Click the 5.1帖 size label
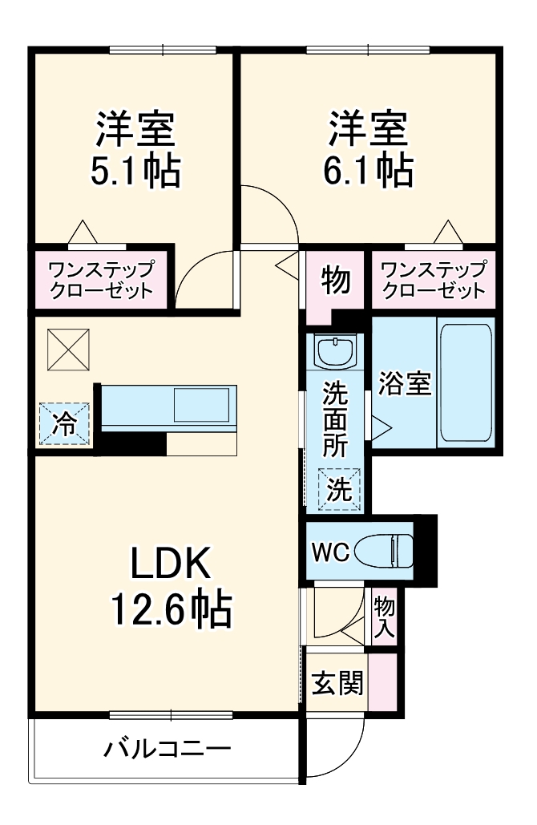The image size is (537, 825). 135,172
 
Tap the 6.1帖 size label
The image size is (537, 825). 369,170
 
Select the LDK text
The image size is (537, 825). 171,564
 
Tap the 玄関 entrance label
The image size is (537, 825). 337,683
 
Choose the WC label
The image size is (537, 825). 329,552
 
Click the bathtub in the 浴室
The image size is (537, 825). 464,382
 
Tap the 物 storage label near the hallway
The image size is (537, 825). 336,281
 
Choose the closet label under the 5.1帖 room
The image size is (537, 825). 101,280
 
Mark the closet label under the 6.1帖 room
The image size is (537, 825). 434,280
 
